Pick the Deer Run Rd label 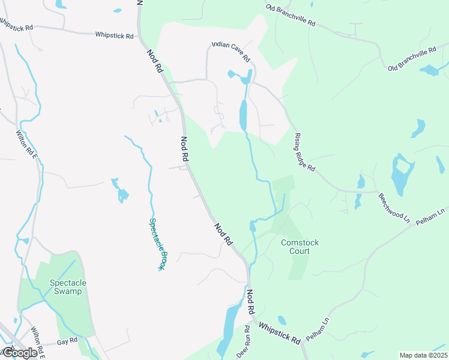click(x=247, y=339)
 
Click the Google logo click(x=19, y=353)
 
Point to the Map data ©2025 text click(x=423, y=355)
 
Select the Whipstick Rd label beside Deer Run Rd click(x=279, y=332)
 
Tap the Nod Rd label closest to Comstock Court click(x=223, y=233)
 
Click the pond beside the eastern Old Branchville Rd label click(x=430, y=70)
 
